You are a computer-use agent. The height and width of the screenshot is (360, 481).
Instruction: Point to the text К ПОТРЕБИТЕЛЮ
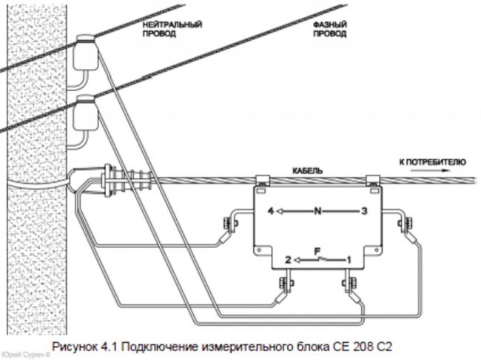(431, 160)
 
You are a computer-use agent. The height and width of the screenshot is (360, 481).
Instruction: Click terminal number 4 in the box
(272, 211)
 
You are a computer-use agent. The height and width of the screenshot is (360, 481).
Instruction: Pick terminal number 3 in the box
(363, 211)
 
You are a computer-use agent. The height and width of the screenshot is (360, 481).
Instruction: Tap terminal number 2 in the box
(286, 259)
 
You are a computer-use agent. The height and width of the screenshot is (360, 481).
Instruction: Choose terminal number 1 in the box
(349, 259)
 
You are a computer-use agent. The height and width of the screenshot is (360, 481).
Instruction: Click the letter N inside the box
(317, 211)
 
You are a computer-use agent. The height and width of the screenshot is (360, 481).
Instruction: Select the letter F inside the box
(318, 253)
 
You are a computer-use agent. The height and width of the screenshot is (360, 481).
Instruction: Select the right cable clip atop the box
(374, 179)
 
